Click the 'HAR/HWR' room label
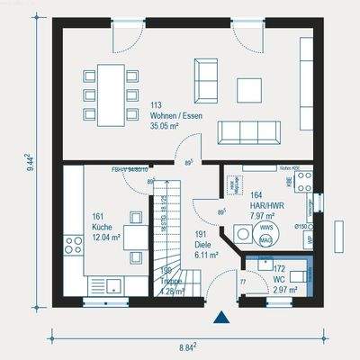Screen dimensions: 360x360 264,204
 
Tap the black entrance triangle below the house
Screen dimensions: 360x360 219,317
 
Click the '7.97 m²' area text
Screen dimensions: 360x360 264,215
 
